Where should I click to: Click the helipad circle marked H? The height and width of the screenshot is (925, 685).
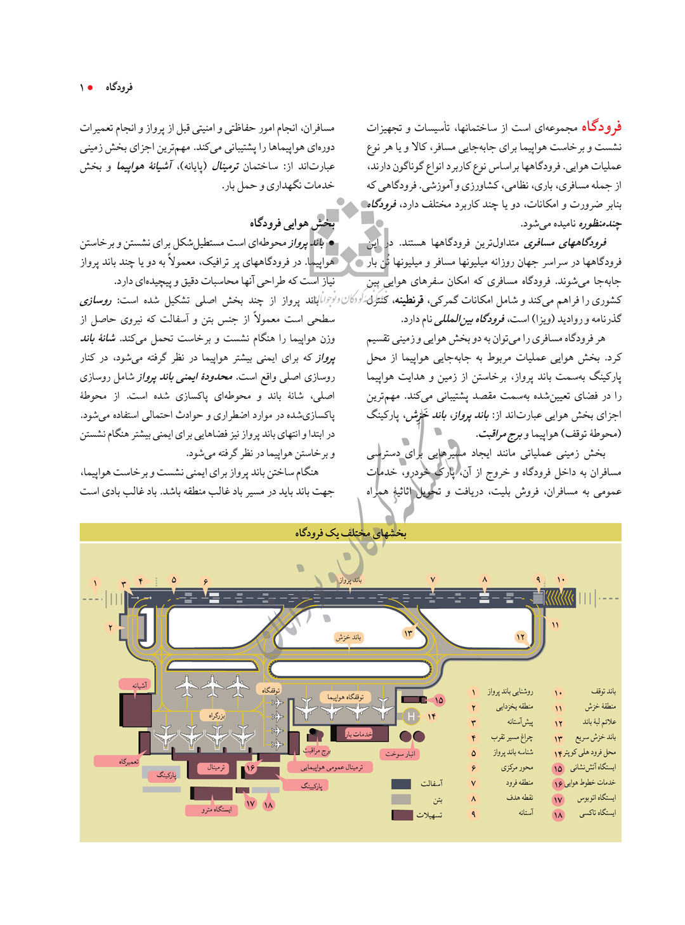pos(411,717)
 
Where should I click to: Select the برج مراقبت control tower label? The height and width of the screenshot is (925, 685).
pos(316,750)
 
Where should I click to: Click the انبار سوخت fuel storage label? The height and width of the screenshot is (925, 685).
pos(400,754)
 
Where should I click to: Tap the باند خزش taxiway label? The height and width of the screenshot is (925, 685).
pos(348,637)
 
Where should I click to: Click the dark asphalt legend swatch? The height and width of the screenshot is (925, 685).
pos(401,784)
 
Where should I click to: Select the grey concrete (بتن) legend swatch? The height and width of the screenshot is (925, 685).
pos(401,799)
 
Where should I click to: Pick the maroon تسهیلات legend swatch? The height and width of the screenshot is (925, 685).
pos(401,815)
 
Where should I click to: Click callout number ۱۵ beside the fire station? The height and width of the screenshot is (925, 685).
pos(438,700)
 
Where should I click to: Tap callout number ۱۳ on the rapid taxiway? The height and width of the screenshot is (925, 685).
pos(408,633)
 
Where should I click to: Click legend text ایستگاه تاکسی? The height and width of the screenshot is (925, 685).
pos(597,813)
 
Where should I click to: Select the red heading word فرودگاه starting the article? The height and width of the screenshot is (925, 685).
pos(601,127)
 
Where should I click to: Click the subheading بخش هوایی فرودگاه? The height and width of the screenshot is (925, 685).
pos(292,223)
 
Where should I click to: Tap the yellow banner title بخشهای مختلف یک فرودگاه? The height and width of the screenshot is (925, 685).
pos(350,533)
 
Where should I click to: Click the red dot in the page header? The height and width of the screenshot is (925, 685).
pos(91,87)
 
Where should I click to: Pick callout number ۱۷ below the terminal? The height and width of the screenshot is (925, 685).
pos(250,804)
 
